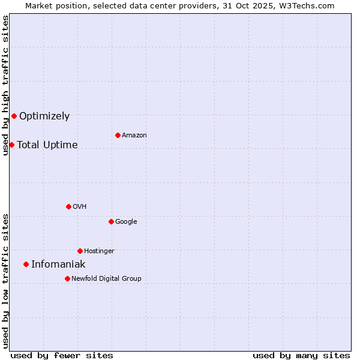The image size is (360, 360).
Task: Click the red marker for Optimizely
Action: (14, 116)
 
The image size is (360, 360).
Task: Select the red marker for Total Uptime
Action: (11, 145)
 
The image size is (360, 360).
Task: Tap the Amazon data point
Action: (118, 135)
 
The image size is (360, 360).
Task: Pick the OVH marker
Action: (68, 206)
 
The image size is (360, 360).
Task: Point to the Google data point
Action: (111, 221)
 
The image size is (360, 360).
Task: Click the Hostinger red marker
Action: (80, 251)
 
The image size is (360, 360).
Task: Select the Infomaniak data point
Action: (26, 264)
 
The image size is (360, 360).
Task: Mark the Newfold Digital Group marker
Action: (67, 278)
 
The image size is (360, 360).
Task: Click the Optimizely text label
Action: (44, 116)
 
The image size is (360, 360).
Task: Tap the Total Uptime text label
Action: (47, 145)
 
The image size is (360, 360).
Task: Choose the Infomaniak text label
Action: (58, 265)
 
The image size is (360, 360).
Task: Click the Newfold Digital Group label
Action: (106, 278)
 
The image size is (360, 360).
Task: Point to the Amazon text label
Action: (134, 136)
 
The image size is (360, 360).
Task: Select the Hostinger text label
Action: (99, 251)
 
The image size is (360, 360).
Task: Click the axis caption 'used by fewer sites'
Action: (62, 355)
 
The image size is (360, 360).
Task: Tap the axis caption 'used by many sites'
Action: (301, 355)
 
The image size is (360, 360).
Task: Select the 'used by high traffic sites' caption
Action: (5, 85)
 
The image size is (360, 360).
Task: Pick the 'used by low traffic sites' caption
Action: (5, 281)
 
